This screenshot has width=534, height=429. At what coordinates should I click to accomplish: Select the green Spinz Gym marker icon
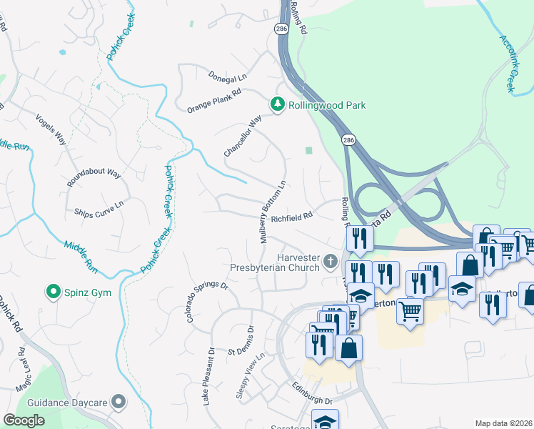coord(52,292)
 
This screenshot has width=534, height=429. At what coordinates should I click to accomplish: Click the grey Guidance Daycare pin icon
coord(119,402)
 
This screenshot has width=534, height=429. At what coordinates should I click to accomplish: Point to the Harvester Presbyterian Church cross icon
coord(330,262)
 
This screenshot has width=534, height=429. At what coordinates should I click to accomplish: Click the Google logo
coord(24,420)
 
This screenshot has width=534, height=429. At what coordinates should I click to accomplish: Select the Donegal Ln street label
coord(227,74)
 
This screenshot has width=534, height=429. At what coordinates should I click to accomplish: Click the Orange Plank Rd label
coord(215,101)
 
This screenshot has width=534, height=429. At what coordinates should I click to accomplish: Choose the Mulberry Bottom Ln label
coord(273,212)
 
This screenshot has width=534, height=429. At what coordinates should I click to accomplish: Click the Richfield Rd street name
coord(292,214)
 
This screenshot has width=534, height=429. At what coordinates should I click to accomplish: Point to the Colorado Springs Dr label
coord(207,301)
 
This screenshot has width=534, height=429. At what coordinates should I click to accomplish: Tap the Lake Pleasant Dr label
coord(208,376)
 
